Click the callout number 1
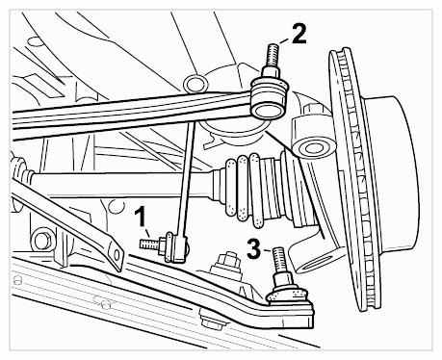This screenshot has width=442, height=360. pyautogui.click(x=141, y=218)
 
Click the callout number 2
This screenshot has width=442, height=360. pyautogui.click(x=299, y=34)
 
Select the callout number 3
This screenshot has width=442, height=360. pyautogui.click(x=253, y=249)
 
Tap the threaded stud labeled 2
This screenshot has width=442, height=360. pyautogui.click(x=272, y=55)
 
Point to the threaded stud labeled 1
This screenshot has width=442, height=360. pyautogui.click(x=149, y=244)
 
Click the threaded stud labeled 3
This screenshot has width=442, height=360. pyautogui.click(x=279, y=259)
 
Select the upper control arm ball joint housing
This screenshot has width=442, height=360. pyautogui.click(x=269, y=98)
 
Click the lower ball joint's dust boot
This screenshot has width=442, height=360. pyautogui.click(x=288, y=295)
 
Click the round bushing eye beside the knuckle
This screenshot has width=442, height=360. pyautogui.click(x=312, y=148)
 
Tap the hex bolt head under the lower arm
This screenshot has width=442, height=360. pyautogui.click(x=209, y=320)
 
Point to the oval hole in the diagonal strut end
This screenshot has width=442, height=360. pyautogui.click(x=116, y=254)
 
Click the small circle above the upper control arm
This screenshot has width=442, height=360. pyautogui.click(x=195, y=84)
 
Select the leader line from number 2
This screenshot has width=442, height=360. pyautogui.click(x=284, y=40)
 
